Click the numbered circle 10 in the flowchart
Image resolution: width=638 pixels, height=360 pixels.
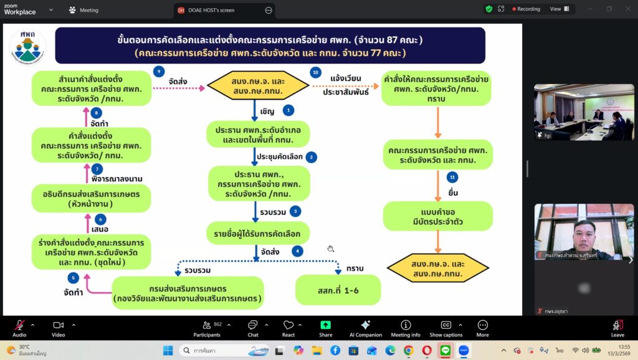316,73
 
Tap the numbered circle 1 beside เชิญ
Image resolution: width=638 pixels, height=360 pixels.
288,110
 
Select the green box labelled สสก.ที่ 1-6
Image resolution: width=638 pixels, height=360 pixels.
338,290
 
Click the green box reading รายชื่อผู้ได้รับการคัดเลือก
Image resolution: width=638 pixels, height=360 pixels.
257,234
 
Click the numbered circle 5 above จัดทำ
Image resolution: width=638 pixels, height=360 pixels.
74,278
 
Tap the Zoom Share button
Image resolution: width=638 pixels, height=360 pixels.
325,328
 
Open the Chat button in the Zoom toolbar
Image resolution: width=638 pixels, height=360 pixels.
253,328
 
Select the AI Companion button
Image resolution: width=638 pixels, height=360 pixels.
365,328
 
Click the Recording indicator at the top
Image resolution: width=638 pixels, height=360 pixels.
523,9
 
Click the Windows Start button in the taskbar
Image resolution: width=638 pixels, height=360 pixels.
168,351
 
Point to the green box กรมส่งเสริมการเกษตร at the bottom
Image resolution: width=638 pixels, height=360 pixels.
188,293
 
